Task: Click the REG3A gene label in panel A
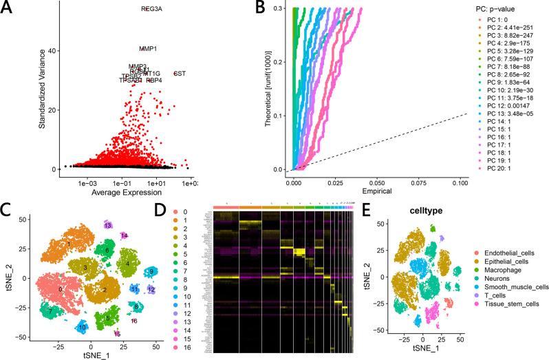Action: tap(152, 10)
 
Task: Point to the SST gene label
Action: tap(180, 74)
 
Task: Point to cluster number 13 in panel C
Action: tap(108, 225)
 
